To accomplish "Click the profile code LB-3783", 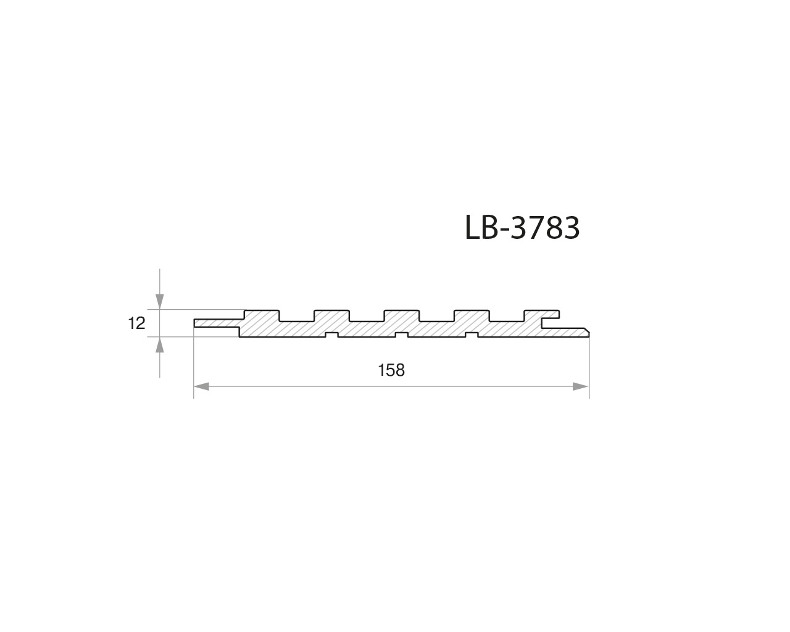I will (522, 228).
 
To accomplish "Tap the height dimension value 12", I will (137, 323).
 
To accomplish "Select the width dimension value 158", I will (391, 370).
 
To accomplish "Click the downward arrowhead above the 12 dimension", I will (160, 301).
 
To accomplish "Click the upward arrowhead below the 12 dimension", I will (160, 345).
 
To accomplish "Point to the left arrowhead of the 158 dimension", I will (202, 386).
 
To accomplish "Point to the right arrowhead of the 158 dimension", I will (581, 386).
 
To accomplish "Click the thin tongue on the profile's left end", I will (216, 323).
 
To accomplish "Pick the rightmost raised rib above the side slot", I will (542, 314).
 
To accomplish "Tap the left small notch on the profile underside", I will (331, 335).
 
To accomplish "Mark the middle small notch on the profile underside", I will (402, 335).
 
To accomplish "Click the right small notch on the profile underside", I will (472, 335).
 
